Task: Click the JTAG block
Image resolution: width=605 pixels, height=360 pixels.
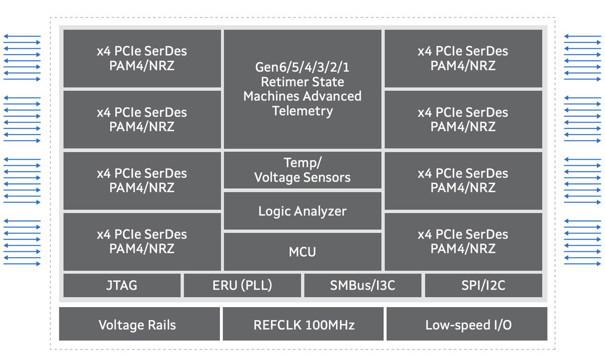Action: point(122,285)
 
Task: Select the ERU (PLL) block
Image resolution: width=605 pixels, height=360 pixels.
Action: point(242,285)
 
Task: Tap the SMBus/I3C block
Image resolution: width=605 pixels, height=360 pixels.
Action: point(362,285)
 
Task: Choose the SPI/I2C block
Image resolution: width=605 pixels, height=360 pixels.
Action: point(483,285)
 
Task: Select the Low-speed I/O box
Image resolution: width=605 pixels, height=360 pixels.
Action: point(467,324)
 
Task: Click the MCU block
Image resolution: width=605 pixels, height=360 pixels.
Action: point(302,251)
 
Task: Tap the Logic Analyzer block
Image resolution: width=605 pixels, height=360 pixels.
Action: point(302,211)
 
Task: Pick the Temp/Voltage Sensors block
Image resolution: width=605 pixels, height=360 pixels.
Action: point(302,170)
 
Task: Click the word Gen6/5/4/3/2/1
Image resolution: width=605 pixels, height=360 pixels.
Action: point(302,68)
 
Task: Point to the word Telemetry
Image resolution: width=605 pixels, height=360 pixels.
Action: point(302,111)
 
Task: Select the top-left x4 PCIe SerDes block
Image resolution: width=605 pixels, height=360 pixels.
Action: point(142,58)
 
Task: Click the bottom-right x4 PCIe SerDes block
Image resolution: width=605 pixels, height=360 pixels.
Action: point(463,242)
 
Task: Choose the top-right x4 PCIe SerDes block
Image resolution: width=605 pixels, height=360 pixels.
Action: point(463,58)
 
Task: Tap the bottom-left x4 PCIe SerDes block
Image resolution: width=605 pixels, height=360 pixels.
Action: point(142,242)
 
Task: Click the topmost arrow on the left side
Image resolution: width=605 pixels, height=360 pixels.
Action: point(22,36)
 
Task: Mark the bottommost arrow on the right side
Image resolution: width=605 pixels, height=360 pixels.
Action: point(582,264)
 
